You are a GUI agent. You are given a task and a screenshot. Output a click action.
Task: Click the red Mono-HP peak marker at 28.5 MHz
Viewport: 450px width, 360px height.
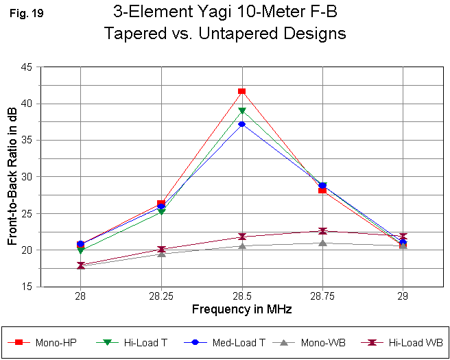click(241, 91)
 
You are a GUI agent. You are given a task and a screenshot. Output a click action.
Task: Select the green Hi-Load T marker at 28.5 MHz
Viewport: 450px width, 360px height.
click(241, 110)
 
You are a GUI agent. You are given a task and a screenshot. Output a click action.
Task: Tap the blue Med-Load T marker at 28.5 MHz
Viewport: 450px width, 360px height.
click(241, 124)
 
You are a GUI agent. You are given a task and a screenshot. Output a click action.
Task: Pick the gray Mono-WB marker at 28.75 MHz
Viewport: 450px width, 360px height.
click(322, 242)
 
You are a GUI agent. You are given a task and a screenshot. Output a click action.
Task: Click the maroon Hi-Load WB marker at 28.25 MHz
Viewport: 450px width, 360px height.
click(161, 250)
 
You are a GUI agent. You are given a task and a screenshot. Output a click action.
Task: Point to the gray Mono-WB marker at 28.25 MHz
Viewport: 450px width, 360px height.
click(161, 254)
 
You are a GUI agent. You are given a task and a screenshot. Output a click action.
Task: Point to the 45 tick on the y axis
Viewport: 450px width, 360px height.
click(27, 67)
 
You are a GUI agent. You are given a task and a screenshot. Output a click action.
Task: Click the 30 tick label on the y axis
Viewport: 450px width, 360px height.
click(27, 177)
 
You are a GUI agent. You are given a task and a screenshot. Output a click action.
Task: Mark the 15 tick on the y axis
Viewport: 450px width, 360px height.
click(27, 287)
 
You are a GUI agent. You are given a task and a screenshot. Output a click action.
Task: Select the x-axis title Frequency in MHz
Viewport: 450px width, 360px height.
click(241, 309)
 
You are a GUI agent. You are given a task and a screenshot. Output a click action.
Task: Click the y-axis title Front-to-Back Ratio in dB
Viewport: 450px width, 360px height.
click(12, 177)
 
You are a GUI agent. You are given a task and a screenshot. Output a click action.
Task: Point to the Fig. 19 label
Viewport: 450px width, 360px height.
click(27, 12)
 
